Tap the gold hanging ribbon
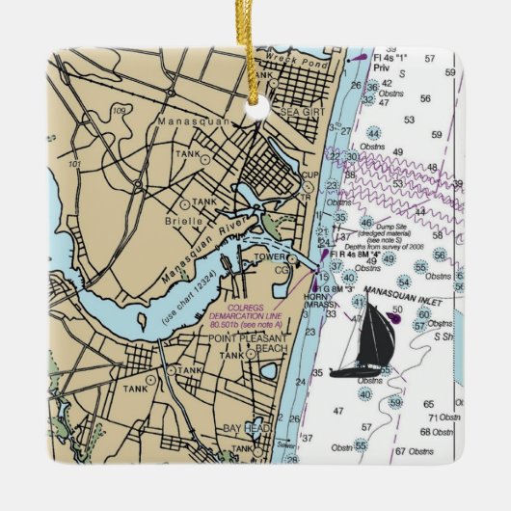click(256, 58)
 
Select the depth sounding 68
click(425, 431)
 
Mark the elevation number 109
click(119, 111)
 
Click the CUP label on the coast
click(309, 175)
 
